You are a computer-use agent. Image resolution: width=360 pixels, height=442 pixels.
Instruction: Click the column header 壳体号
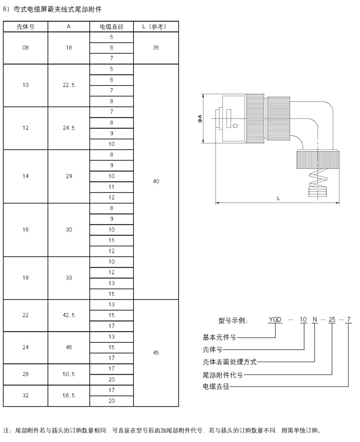coord(25,27)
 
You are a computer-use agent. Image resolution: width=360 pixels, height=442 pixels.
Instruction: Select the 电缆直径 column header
coord(112,27)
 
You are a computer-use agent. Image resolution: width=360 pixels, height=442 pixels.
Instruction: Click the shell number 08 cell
coord(25,48)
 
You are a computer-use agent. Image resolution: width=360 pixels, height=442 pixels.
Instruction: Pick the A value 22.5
coord(69,85)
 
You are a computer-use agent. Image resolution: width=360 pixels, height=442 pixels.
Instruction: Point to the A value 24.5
coord(69,128)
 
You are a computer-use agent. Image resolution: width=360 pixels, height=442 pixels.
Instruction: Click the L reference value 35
coord(156,48)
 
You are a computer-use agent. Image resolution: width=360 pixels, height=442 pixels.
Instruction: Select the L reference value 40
coord(156,181)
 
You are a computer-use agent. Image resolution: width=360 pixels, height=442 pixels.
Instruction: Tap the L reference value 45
coord(156,353)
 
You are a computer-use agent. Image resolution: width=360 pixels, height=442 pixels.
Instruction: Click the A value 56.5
coord(69,395)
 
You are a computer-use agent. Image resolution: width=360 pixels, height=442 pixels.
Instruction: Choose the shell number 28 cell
coord(25,374)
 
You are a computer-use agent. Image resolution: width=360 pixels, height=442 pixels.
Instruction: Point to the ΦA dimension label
coord(200,119)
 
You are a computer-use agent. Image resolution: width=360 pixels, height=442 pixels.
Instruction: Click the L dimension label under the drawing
coord(278,199)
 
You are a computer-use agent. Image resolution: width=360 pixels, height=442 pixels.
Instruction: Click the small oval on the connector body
coord(235,126)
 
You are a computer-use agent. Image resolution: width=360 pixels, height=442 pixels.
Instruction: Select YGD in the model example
coord(275,319)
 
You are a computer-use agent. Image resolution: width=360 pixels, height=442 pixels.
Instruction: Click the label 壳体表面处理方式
coord(230,362)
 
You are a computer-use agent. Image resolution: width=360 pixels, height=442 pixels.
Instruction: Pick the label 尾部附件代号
coord(223,375)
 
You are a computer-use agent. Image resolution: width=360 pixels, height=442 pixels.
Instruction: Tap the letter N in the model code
coord(315,319)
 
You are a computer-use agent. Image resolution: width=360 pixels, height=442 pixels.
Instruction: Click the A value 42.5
coord(69,315)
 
